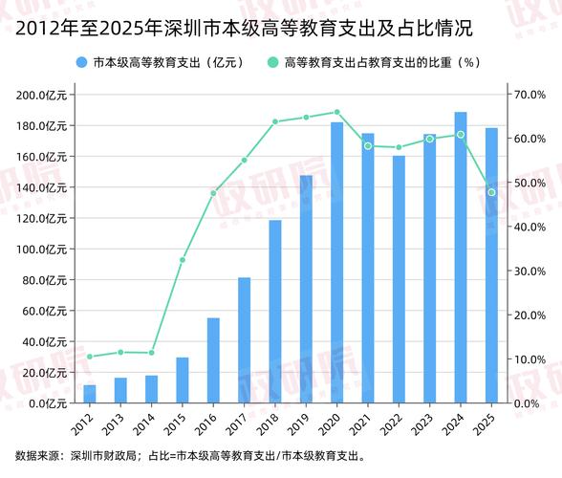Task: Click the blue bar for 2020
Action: coord(337,263)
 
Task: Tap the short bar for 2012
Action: coord(90,394)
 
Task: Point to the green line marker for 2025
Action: coord(491,192)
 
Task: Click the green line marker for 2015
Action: coord(183,260)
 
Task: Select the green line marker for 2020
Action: coord(337,112)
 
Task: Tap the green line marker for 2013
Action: coord(120,353)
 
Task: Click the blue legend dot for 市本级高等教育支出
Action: coord(82,63)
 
